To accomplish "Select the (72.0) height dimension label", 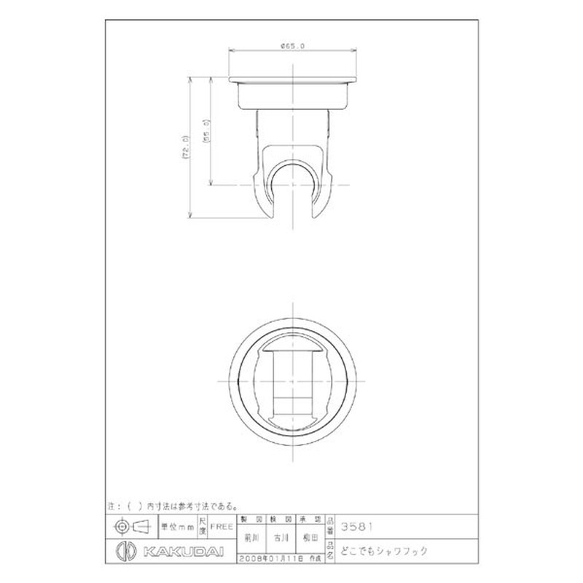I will pos(186,146).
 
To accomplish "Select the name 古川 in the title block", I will pos(281,538).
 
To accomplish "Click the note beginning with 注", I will pos(174,505).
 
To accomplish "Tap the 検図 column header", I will pos(281,520).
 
